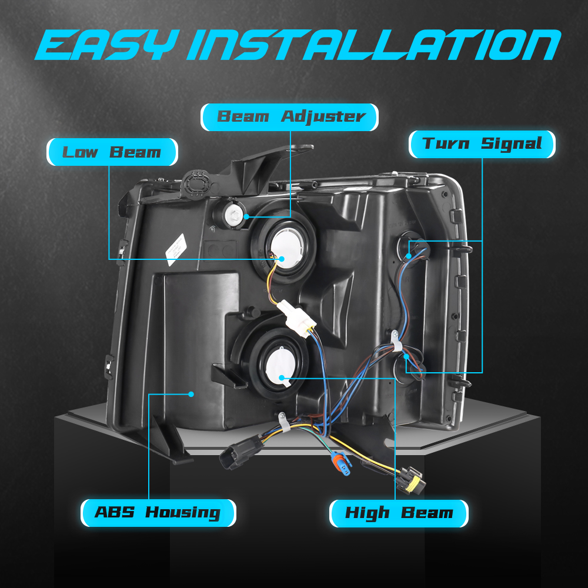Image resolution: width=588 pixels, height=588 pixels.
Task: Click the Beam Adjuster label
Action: [x=289, y=117]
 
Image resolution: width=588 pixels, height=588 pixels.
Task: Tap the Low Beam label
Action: [x=112, y=152]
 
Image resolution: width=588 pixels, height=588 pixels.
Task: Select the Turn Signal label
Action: [x=482, y=144]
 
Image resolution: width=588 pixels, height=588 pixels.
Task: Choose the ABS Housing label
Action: [x=158, y=513]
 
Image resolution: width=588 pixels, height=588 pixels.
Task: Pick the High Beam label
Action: [x=399, y=513]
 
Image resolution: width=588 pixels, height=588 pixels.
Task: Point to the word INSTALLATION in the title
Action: [x=374, y=45]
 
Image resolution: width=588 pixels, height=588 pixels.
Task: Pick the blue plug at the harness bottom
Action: [x=340, y=464]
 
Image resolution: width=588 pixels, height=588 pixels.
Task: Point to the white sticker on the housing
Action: [x=176, y=249]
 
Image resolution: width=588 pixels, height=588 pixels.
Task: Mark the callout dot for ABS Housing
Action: [x=191, y=394]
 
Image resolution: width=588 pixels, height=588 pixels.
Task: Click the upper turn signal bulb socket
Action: [x=412, y=249]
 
